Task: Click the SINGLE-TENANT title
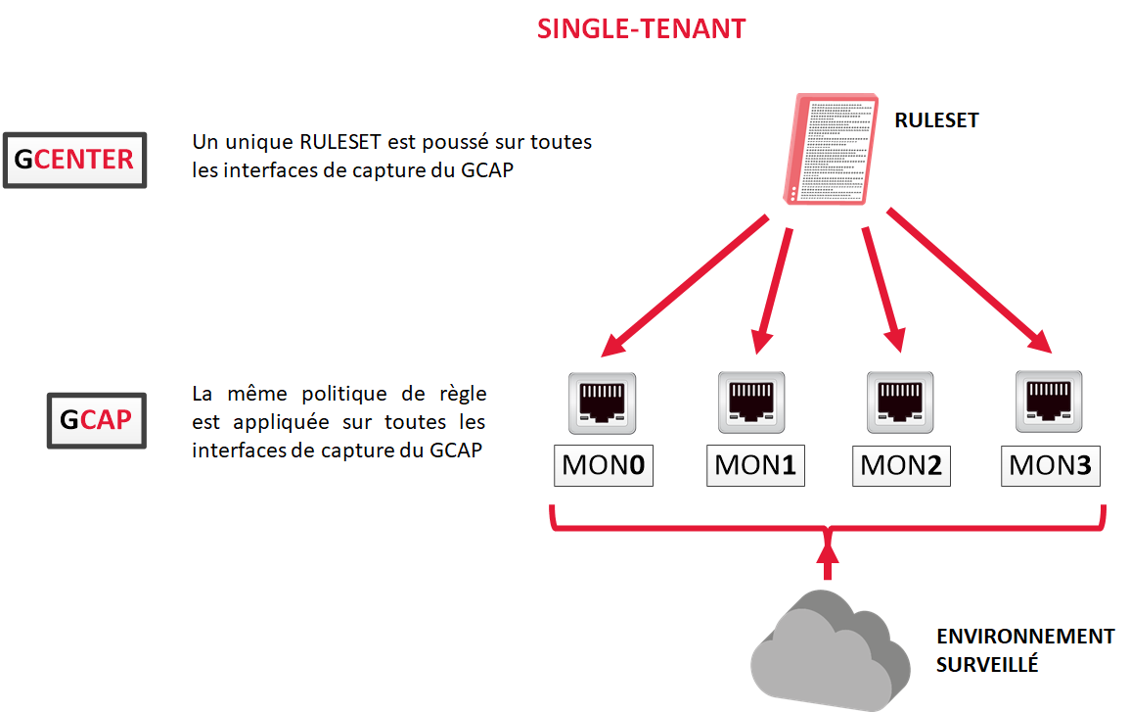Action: pyautogui.click(x=641, y=29)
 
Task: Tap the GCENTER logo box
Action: pyautogui.click(x=75, y=160)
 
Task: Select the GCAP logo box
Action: pyautogui.click(x=96, y=420)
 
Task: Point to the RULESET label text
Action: pyautogui.click(x=936, y=120)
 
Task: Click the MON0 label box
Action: pyautogui.click(x=603, y=464)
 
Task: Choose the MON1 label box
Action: pyautogui.click(x=754, y=464)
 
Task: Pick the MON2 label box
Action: pyautogui.click(x=900, y=464)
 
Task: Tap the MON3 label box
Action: pyautogui.click(x=1050, y=464)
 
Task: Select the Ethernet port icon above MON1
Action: pyautogui.click(x=751, y=402)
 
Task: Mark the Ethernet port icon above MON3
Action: pyautogui.click(x=1048, y=402)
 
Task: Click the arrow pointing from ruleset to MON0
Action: pyautogui.click(x=685, y=285)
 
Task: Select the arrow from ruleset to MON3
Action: pyautogui.click(x=969, y=279)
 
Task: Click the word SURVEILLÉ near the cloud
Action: pyautogui.click(x=986, y=664)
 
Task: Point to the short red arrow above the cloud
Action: pyautogui.click(x=829, y=562)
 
